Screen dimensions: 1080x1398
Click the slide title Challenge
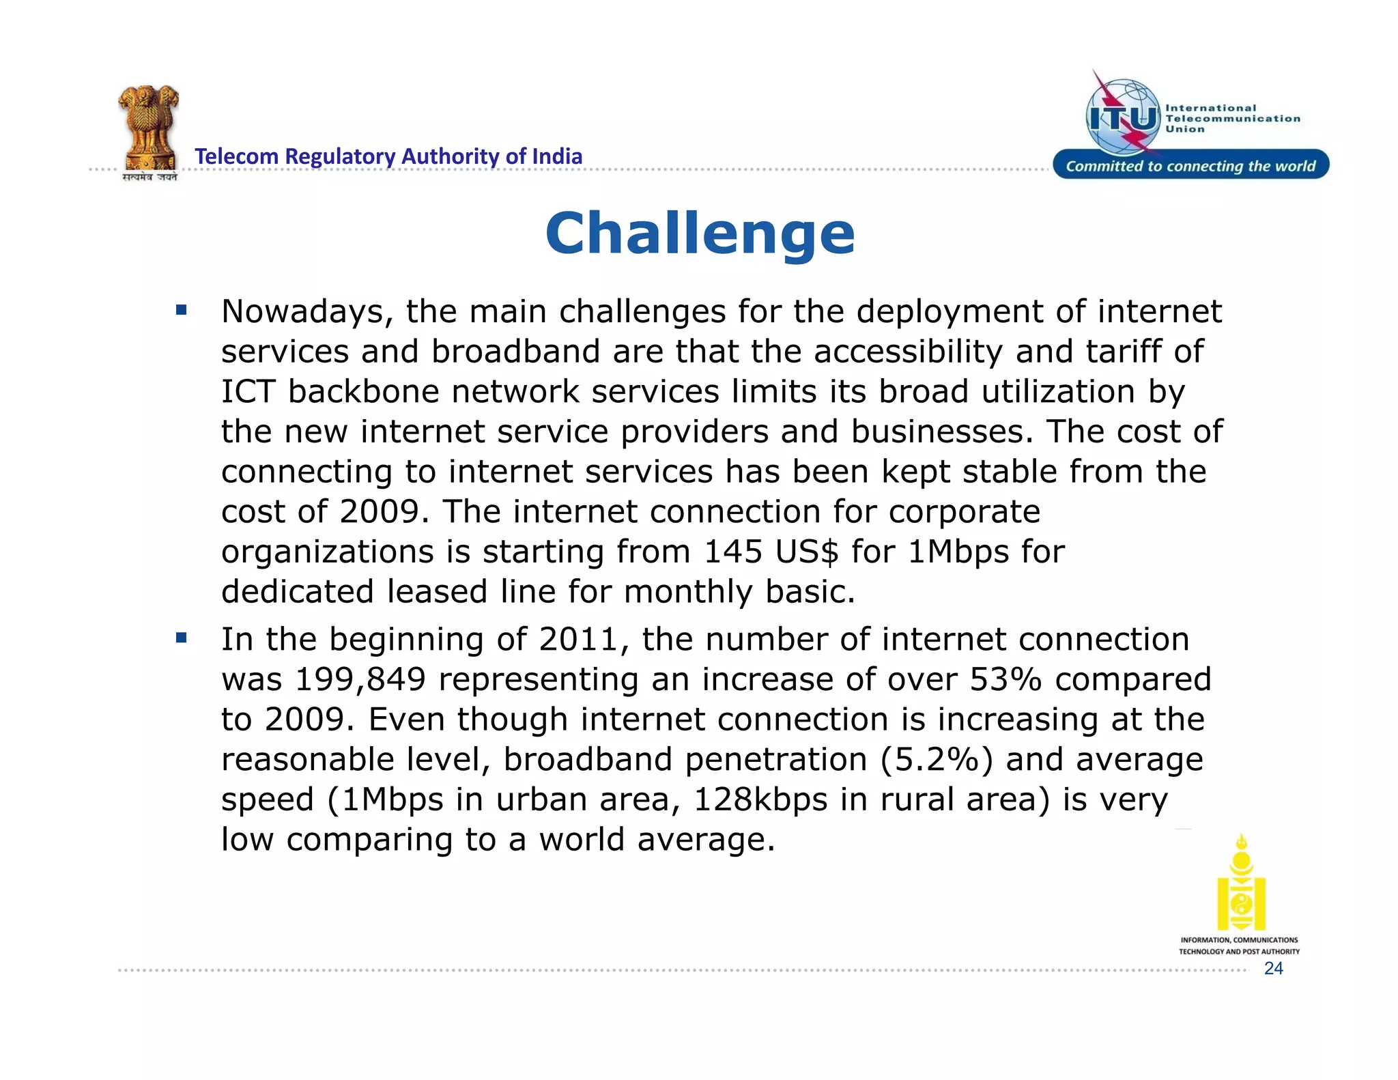700,233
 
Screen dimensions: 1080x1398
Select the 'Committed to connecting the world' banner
1190,166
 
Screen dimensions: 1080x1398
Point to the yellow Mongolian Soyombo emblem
1241,883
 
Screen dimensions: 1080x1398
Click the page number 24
1273,969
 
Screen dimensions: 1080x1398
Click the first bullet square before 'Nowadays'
181,311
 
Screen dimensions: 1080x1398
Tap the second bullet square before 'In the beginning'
181,638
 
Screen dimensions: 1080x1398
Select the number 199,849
360,679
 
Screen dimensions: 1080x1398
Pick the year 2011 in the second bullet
578,640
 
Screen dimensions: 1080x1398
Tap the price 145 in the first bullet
732,552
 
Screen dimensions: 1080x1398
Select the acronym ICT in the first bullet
248,392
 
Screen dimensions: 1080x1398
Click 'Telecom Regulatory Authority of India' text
388,156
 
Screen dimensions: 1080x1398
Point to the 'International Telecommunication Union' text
1232,118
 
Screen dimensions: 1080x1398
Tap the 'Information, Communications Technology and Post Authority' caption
1239,946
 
